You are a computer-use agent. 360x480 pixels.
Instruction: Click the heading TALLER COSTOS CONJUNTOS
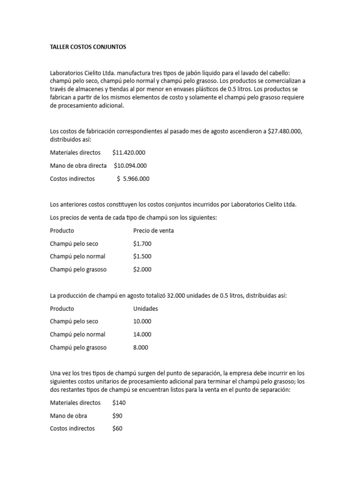pos(88,47)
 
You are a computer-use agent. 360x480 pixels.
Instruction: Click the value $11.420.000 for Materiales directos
pos(129,152)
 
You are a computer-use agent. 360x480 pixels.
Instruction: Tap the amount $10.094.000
pos(130,165)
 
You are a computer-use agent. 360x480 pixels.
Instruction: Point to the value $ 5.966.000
pos(133,179)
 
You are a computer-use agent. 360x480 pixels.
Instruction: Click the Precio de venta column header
pos(153,231)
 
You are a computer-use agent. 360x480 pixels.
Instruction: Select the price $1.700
pos(142,244)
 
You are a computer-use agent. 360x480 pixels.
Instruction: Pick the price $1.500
pos(142,256)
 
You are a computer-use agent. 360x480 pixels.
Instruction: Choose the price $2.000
pos(142,270)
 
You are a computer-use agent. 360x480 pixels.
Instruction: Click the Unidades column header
pos(145,308)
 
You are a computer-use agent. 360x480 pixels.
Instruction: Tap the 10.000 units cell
pos(142,322)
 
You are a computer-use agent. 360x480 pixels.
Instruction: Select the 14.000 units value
pos(142,334)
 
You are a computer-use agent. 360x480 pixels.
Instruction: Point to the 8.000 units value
pos(141,347)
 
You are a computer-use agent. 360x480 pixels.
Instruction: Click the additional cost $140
pos(119,402)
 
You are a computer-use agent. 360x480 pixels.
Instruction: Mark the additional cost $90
pos(118,415)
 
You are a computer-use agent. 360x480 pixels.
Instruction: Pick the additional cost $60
pos(118,428)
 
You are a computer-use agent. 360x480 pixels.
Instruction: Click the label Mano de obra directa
pos(78,165)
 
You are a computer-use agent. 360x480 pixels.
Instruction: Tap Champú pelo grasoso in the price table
pos(78,270)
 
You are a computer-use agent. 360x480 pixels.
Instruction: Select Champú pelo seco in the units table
pos(74,322)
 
